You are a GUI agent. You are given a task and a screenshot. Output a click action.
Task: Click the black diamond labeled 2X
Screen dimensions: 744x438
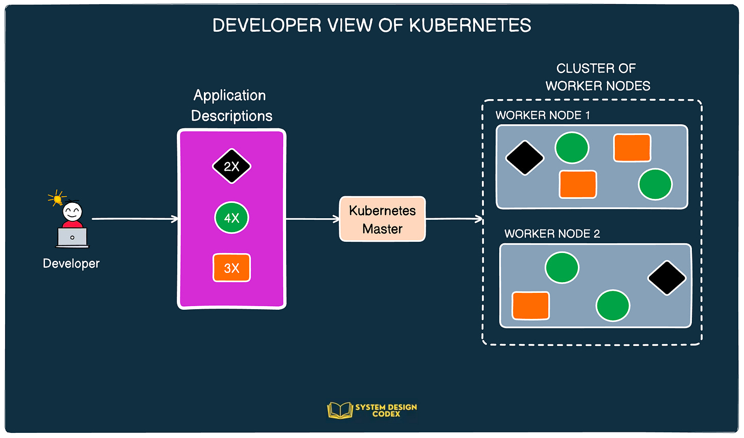point(231,166)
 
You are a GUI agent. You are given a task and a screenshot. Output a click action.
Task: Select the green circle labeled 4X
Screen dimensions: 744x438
point(231,218)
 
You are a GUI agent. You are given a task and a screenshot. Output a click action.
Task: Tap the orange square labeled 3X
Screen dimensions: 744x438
point(231,267)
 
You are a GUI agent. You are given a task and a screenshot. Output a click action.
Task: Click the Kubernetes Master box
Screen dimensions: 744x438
point(382,219)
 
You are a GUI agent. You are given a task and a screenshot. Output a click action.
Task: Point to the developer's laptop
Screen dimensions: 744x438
point(73,238)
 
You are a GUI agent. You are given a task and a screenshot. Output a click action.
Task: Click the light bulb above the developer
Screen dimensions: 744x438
point(57,199)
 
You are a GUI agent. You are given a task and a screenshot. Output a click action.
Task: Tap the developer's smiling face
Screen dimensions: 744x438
point(73,212)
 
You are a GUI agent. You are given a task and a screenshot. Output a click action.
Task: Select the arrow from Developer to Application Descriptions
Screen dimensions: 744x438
point(135,219)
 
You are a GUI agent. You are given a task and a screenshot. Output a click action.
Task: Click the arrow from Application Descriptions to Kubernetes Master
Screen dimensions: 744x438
point(313,219)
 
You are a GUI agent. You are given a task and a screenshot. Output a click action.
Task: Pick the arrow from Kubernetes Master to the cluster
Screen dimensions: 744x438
point(454,219)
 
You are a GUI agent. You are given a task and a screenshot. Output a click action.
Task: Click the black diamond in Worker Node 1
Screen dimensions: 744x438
point(525,158)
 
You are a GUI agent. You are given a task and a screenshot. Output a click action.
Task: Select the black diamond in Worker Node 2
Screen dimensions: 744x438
point(667,278)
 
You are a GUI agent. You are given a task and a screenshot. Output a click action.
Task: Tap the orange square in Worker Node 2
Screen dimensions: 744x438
point(530,306)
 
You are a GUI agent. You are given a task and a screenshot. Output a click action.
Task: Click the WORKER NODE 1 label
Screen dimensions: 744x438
point(543,116)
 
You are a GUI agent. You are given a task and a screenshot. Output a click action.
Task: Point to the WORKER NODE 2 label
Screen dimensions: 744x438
point(552,234)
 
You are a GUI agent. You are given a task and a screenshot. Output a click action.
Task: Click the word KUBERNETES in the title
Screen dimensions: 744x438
point(470,25)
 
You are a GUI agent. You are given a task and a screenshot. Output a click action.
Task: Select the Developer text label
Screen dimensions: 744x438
point(71,264)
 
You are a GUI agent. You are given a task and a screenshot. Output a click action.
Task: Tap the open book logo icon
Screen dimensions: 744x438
point(340,410)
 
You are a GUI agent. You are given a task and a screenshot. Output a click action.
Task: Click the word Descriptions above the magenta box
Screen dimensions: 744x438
point(231,116)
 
